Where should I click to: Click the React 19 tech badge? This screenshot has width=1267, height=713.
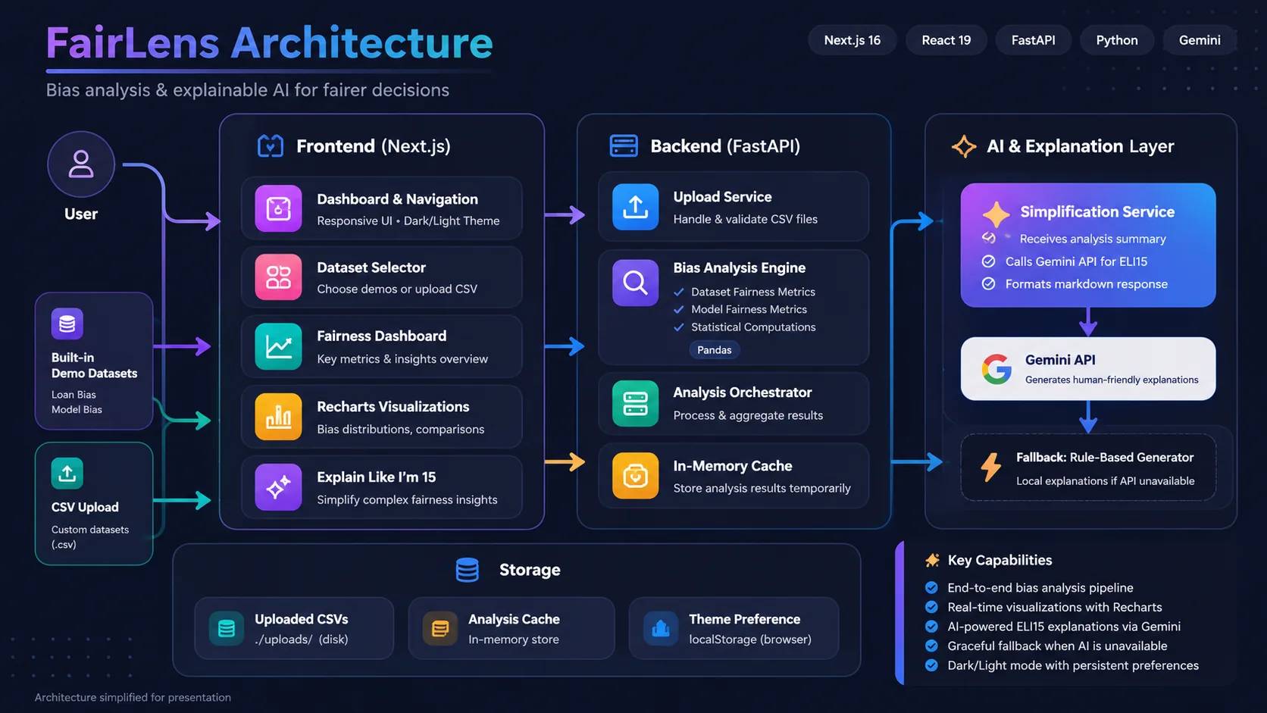coord(946,40)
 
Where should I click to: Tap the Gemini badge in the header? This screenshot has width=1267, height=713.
coord(1199,40)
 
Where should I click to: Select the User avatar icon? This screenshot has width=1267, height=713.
coord(81,164)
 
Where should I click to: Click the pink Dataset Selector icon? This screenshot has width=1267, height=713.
coord(278,277)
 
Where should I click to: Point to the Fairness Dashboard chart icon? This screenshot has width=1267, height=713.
coord(278,346)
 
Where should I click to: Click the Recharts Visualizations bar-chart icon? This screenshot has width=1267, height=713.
coord(278,417)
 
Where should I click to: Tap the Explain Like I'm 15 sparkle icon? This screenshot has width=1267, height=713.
coord(278,487)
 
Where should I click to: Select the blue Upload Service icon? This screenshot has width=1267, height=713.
coord(635,207)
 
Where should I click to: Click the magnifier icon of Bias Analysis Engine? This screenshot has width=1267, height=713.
coord(635,282)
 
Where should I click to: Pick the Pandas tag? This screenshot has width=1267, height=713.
coord(715,350)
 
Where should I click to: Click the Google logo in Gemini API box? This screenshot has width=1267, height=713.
coord(996,369)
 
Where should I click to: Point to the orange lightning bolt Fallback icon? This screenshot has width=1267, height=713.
coord(991,467)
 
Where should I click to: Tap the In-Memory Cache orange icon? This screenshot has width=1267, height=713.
coord(635,476)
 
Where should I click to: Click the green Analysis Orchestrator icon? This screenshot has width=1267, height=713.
coord(635,404)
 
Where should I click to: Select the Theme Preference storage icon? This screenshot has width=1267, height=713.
coord(661,628)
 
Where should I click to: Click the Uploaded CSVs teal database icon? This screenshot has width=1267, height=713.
coord(227,628)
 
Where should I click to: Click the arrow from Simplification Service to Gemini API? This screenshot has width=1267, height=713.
coord(1088,322)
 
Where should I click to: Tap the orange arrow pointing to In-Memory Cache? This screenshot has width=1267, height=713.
coord(565,462)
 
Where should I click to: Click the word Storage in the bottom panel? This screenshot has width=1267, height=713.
coord(530,569)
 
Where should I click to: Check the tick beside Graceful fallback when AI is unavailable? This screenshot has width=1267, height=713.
coord(931,646)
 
